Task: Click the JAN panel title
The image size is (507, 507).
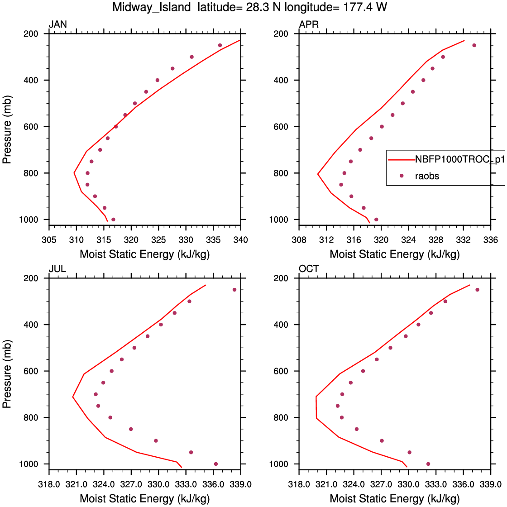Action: click(57, 25)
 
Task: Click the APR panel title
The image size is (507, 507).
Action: click(309, 25)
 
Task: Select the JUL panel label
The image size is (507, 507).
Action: click(57, 269)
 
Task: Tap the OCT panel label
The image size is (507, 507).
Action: click(309, 269)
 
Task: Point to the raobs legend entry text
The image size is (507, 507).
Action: click(427, 176)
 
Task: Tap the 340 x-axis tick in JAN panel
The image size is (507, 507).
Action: click(240, 239)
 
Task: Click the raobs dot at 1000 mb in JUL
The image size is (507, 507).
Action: click(216, 464)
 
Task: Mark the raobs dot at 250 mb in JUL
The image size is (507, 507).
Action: click(234, 290)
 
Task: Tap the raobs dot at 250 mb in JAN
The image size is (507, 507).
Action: click(220, 45)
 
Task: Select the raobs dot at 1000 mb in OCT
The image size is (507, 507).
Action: click(428, 464)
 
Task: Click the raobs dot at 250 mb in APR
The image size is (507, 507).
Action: click(474, 45)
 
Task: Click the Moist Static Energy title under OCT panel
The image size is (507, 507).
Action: click(394, 499)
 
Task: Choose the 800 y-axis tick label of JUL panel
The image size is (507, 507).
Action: click(35, 417)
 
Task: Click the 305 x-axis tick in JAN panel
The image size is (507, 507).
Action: click(49, 239)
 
